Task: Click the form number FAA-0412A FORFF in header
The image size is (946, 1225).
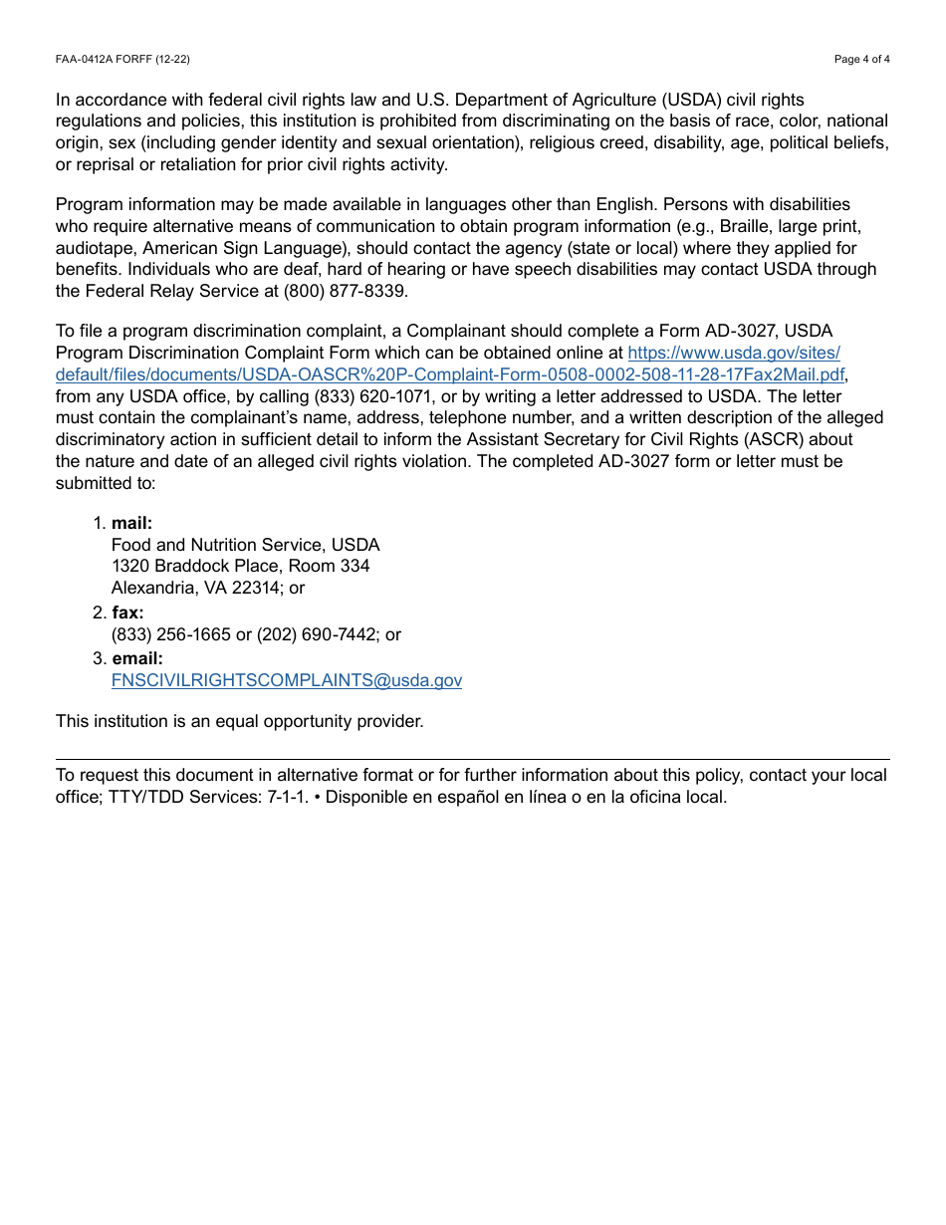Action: pyautogui.click(x=122, y=60)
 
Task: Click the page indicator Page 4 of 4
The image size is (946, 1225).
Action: pyautogui.click(x=861, y=60)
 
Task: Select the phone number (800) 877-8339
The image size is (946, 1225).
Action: pyautogui.click(x=346, y=292)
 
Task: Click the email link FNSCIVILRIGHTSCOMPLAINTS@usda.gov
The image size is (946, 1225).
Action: pyautogui.click(x=286, y=681)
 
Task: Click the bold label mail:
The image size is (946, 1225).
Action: pyautogui.click(x=131, y=524)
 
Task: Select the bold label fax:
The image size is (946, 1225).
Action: pyautogui.click(x=127, y=613)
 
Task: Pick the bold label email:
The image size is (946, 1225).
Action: pyautogui.click(x=136, y=659)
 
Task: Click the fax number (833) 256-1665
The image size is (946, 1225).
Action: pyautogui.click(x=170, y=635)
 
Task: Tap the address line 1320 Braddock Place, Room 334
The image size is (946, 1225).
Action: pyautogui.click(x=240, y=567)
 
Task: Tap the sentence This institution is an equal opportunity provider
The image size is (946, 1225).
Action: pyautogui.click(x=239, y=721)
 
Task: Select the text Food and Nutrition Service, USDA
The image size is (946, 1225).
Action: pyautogui.click(x=245, y=546)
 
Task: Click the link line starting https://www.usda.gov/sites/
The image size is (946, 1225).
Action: pyautogui.click(x=733, y=354)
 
